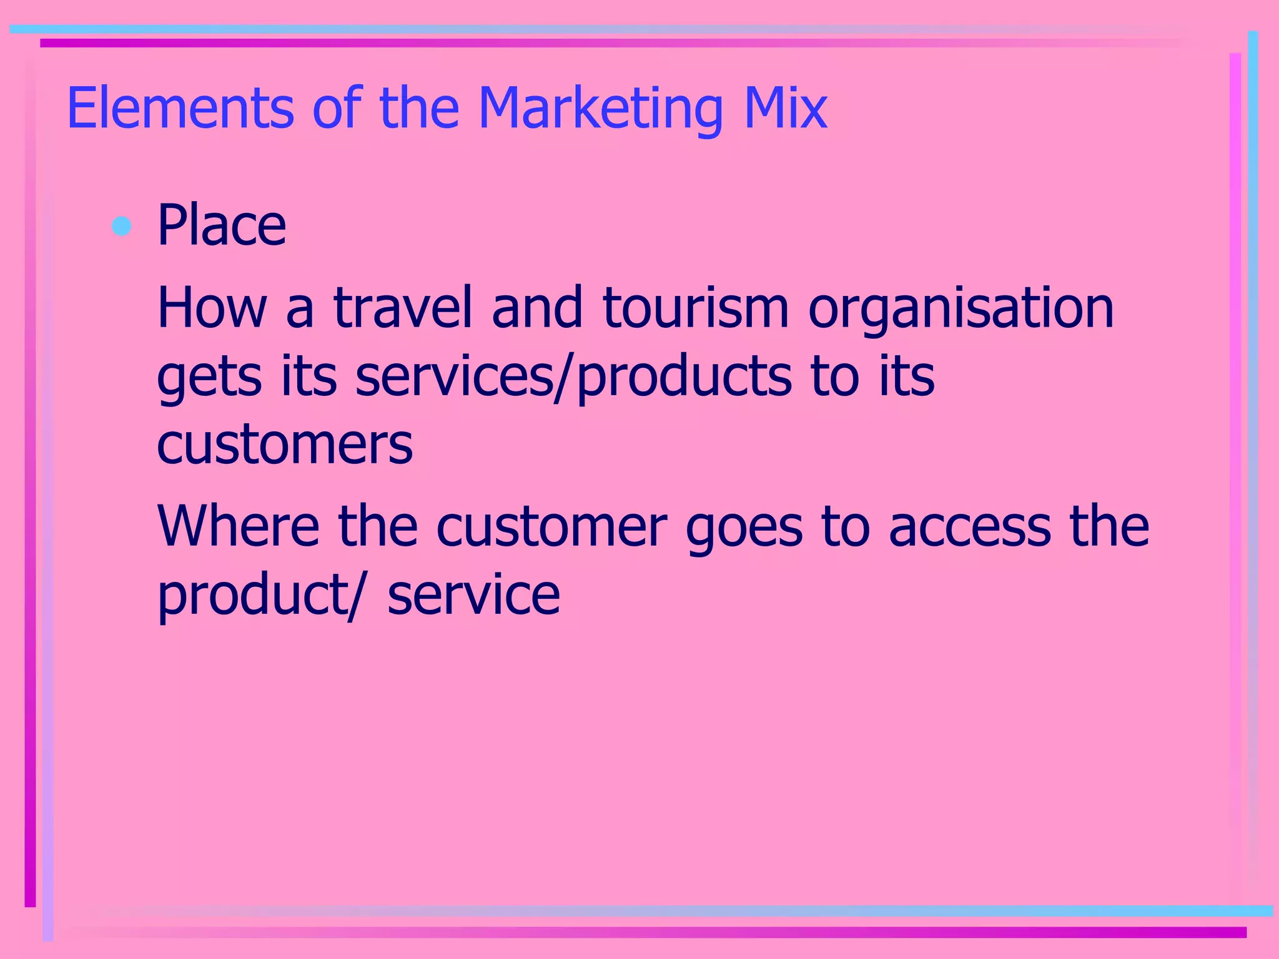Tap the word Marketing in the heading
pos(600,109)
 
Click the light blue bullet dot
pos(121,225)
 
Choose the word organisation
pos(961,309)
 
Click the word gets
pos(209,378)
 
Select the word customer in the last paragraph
pos(551,528)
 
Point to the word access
pos(970,528)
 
